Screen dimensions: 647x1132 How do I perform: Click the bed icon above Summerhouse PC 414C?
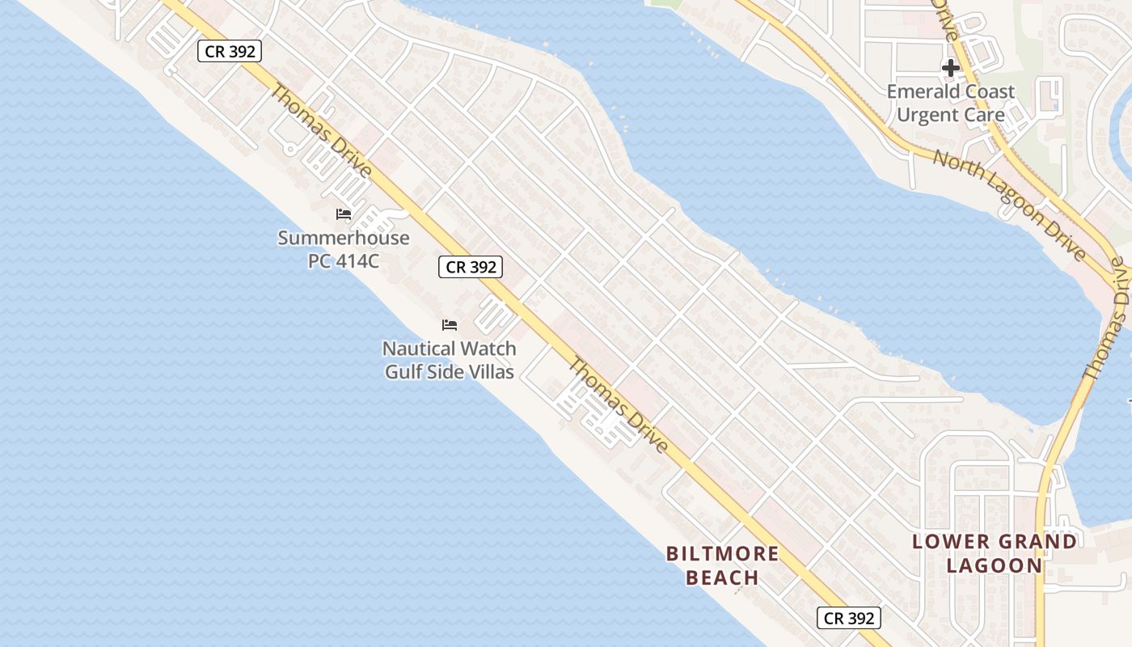(344, 214)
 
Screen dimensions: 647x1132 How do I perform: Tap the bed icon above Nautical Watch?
(450, 325)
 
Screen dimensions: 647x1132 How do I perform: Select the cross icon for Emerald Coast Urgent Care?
(951, 68)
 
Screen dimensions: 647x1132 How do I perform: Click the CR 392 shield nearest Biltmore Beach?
(848, 619)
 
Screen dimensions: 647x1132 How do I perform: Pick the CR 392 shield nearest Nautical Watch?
(471, 267)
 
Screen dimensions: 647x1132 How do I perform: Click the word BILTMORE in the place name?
(722, 554)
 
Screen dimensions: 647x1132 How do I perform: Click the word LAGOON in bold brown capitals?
(995, 565)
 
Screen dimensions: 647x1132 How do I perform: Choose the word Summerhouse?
(344, 239)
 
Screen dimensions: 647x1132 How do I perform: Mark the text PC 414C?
(344, 261)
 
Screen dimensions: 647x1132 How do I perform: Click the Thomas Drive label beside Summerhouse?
(321, 131)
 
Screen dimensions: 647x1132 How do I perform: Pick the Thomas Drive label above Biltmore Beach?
(618, 404)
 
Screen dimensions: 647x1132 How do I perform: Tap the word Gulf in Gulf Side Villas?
(403, 372)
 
